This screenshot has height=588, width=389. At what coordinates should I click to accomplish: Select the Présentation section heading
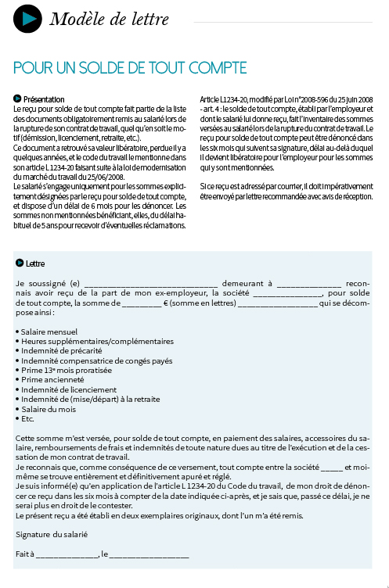pos(44,99)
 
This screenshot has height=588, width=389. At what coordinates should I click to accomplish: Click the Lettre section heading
pos(35,264)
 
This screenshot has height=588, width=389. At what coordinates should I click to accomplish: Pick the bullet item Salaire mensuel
pos(49,332)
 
